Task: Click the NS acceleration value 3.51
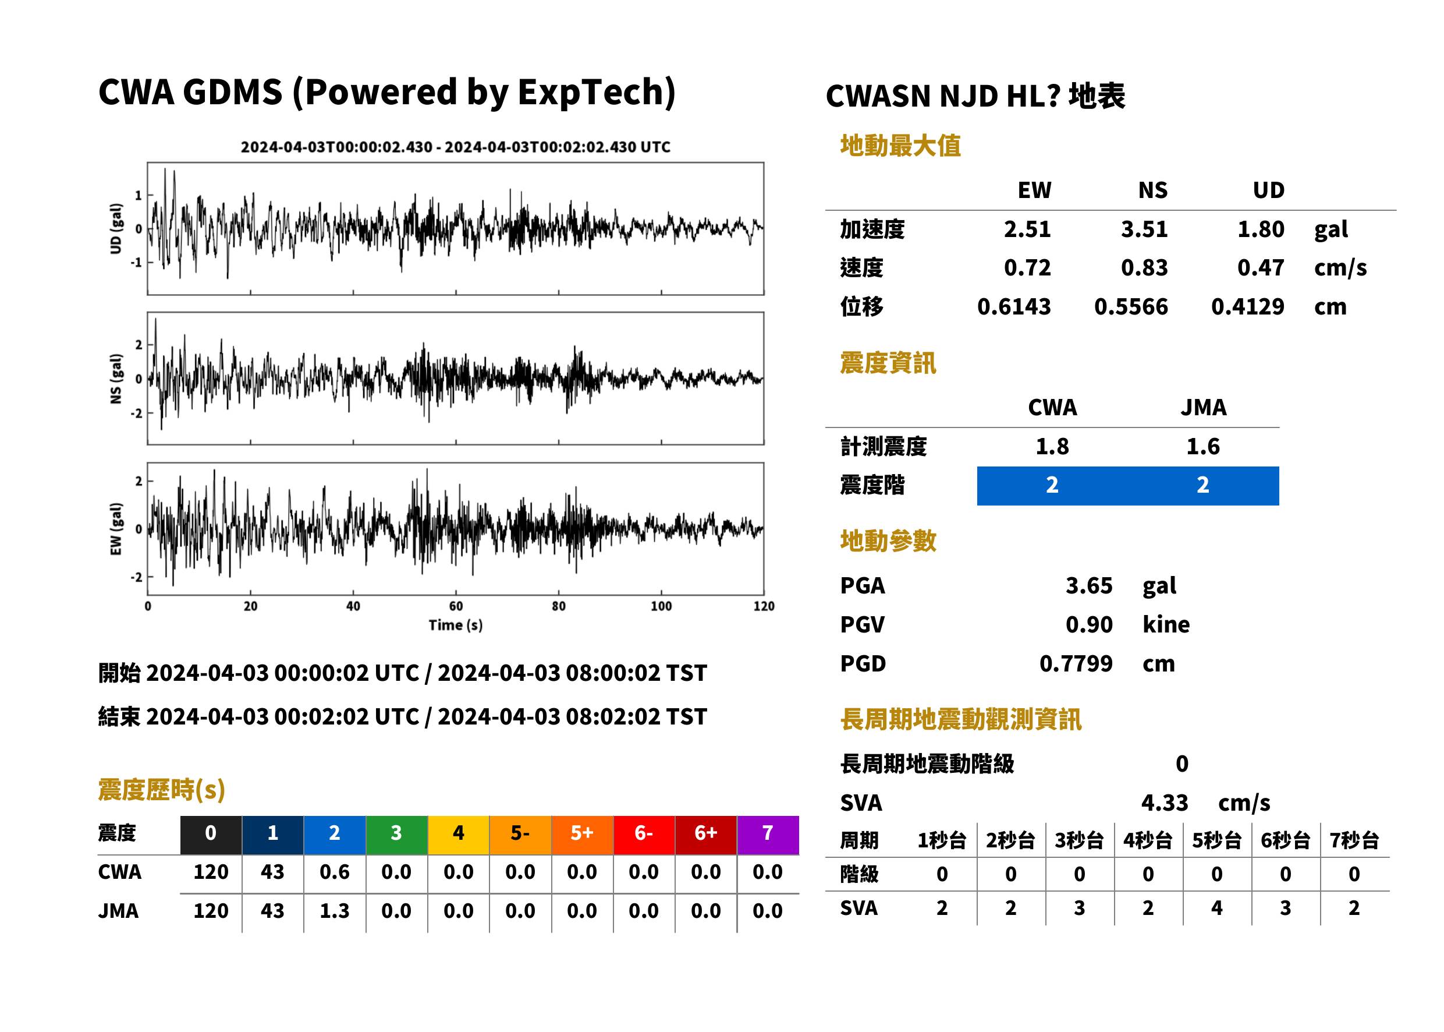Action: click(1144, 229)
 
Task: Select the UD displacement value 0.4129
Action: click(1247, 307)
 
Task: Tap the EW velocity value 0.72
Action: click(1027, 268)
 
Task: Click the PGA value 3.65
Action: click(1088, 585)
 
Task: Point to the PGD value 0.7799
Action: click(1076, 663)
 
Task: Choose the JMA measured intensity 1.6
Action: click(1202, 446)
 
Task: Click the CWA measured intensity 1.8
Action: click(1052, 446)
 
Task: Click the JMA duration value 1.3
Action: click(335, 911)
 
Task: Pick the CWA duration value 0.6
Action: click(335, 872)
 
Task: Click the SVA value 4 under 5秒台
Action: click(1216, 907)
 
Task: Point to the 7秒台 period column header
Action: click(1354, 840)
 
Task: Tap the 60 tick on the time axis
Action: click(456, 606)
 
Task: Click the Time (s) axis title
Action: click(455, 625)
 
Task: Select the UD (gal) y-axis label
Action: click(116, 229)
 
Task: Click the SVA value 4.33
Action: click(1165, 803)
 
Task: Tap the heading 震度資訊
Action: click(888, 363)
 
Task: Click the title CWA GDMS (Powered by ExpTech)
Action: click(386, 92)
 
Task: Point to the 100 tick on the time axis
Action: click(661, 606)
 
